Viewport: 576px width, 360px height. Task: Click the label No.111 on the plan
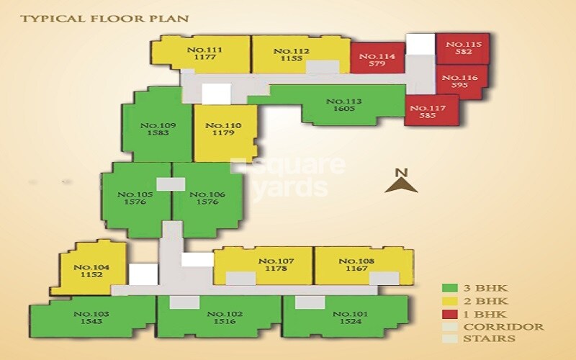[x=204, y=50]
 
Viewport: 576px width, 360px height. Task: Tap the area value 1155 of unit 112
[x=292, y=59]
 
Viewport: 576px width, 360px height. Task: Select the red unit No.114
[x=377, y=58]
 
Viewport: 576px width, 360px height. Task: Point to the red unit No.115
[x=463, y=48]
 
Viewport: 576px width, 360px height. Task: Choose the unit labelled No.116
[x=462, y=81]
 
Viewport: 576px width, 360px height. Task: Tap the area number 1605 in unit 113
[x=344, y=109]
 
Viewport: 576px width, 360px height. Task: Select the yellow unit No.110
[x=225, y=133]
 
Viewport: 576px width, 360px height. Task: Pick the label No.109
[x=158, y=125]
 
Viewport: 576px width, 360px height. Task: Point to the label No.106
[x=207, y=194]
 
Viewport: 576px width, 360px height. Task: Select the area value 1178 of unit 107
[x=276, y=269]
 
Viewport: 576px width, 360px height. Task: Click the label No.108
[x=356, y=261]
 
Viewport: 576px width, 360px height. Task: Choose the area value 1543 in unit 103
[x=91, y=321]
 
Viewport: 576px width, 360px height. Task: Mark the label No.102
[x=225, y=314]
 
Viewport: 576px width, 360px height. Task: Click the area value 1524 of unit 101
[x=351, y=321]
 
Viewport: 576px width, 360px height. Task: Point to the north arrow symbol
[x=401, y=186]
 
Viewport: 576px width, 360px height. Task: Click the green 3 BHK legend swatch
[x=449, y=288]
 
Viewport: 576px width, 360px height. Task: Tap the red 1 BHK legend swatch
[x=449, y=314]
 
